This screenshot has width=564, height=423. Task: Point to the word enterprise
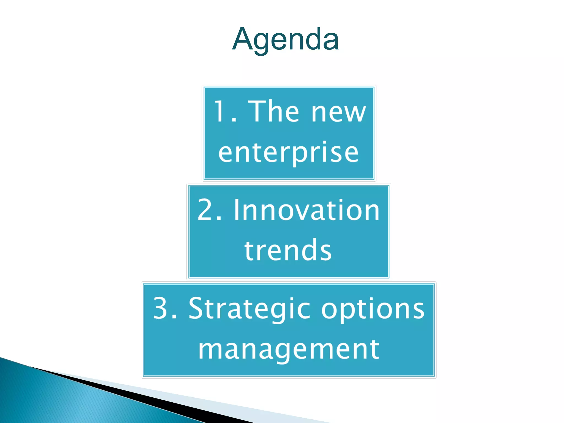pos(288,152)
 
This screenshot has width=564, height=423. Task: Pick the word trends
pos(288,250)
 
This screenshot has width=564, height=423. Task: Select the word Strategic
pos(250,309)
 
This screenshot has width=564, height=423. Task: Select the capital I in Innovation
pos(237,210)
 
